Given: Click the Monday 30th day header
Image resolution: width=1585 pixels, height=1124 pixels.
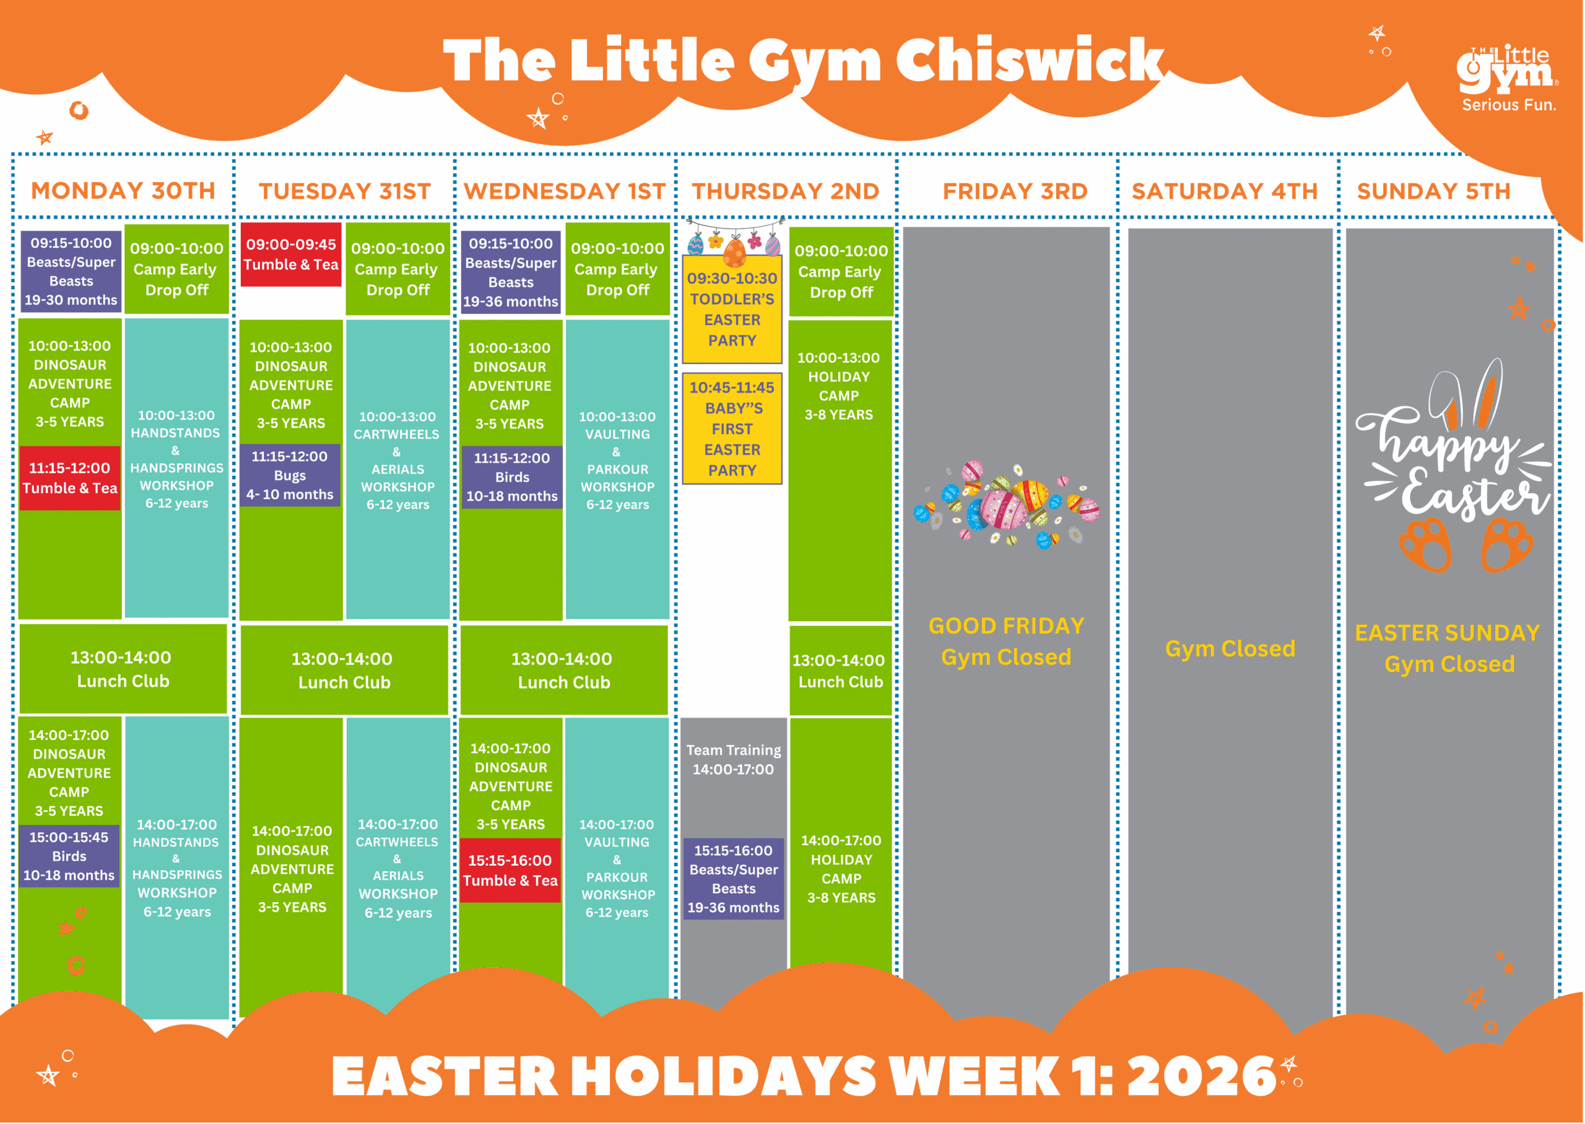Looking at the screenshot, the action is [123, 190].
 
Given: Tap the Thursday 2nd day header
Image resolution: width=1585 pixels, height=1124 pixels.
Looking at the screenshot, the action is [785, 191].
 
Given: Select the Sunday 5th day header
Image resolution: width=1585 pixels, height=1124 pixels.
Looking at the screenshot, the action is [1433, 191].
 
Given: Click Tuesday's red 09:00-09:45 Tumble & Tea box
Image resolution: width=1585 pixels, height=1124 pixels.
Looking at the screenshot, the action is [290, 254].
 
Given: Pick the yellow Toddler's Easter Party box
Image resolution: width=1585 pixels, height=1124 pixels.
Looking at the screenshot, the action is [732, 308].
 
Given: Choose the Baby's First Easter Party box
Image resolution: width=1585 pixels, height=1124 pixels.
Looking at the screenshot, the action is [732, 429].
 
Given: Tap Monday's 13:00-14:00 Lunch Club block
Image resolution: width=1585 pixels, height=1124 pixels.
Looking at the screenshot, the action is [123, 669].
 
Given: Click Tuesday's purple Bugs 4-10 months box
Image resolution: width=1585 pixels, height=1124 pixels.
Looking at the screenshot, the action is [290, 475].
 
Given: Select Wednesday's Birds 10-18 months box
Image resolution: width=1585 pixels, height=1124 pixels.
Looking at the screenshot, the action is [512, 477].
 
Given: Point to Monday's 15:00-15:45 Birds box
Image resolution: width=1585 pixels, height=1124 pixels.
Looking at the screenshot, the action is [69, 855].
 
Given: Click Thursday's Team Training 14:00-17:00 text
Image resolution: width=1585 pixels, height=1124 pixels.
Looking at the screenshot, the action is [733, 759].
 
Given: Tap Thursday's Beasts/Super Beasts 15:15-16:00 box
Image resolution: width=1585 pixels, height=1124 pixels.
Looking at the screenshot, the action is [733, 878].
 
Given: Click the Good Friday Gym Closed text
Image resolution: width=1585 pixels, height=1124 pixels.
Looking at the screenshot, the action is [1006, 641].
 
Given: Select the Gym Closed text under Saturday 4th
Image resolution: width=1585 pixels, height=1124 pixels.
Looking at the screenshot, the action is [1230, 648].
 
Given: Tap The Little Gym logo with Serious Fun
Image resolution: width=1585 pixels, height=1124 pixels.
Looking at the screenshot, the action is [1508, 78].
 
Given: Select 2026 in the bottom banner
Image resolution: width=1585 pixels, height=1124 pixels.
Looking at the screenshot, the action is [1201, 1076].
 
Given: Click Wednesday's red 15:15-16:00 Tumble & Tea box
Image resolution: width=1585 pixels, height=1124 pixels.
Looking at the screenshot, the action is [511, 870].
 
